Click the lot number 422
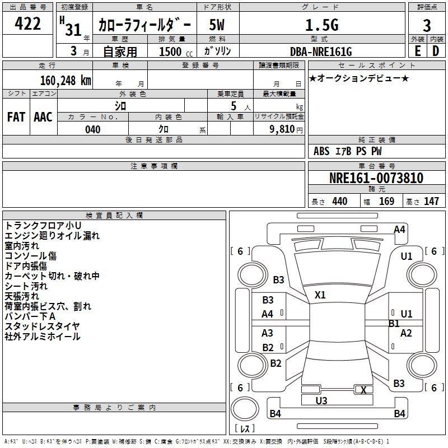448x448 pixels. pos(28,24)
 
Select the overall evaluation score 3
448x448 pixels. pos(427,25)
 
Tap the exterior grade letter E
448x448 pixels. pos(417,50)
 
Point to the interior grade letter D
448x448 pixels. pos(436,50)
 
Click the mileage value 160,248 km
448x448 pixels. pos(66,80)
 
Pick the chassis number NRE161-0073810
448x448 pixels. pos(376,179)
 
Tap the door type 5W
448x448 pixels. pos(217,25)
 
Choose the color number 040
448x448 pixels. pos(92,129)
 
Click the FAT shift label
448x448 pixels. pos(16,117)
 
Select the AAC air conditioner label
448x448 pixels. pos(43,117)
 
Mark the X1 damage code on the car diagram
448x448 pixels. pos(320,295)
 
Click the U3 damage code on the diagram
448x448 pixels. pos(321,400)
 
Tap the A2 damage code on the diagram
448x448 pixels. pos(406,333)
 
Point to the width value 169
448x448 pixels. pos(386,202)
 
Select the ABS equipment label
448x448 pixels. pos(321,151)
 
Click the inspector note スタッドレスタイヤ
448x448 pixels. pos(43,326)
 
